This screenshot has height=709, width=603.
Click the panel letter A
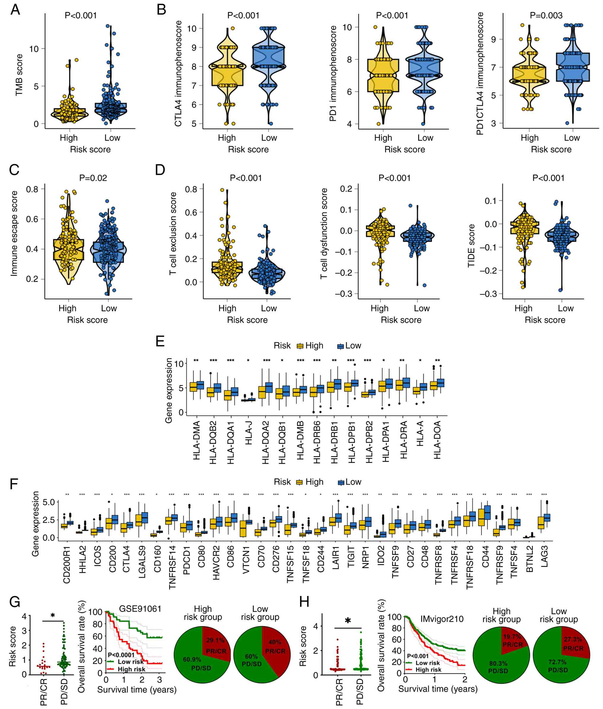pos(15,9)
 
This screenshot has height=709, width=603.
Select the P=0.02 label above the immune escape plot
pos(93,178)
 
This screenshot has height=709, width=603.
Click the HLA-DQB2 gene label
pos(213,443)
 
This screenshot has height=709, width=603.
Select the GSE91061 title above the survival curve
pos(140,609)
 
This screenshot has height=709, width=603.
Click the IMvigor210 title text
pos(442,619)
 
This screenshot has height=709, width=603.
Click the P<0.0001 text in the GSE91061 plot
pos(121,655)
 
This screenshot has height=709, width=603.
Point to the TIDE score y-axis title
pos(472,245)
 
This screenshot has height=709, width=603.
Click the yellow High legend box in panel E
pos(300,346)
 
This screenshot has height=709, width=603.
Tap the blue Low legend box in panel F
pos(341,482)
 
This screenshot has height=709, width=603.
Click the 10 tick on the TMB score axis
pos(34,49)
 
